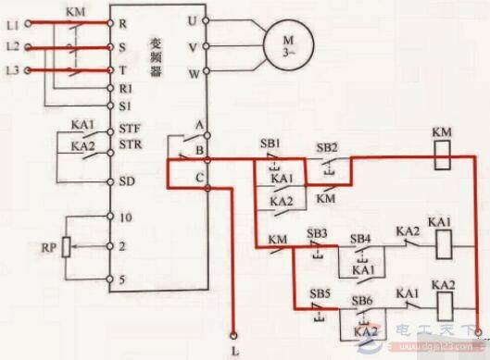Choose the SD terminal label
pos(127,181)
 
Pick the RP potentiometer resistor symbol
pos(66,248)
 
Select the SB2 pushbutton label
pos(326,147)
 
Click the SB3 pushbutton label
pos(318,232)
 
